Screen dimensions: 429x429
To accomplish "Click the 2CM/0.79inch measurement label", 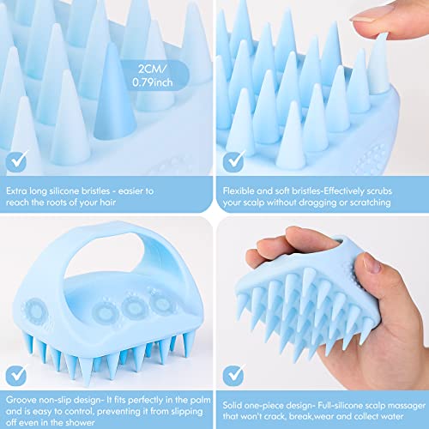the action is coord(153,76).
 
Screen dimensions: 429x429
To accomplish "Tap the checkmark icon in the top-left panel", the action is coord(16,161).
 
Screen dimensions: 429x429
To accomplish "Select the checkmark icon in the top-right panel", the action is coord(233,161).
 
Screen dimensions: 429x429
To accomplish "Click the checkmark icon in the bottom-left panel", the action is coord(16,375).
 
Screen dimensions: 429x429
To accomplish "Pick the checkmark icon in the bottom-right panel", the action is coord(233,375).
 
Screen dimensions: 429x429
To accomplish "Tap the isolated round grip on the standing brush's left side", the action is coord(36,311).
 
